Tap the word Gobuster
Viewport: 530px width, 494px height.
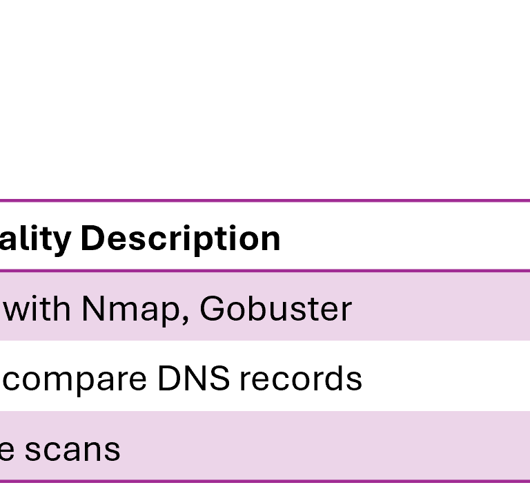(275, 310)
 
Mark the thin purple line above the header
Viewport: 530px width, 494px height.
(265, 200)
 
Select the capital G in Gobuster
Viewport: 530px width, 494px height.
(210, 310)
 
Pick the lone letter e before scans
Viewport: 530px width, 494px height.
(7, 450)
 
